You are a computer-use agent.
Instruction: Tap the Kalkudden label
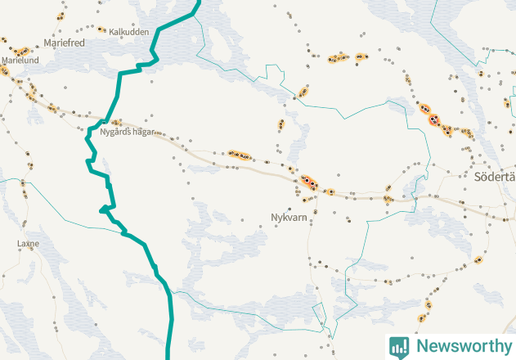coord(128,32)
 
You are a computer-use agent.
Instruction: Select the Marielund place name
coord(20,61)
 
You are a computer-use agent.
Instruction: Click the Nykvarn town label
coord(288,218)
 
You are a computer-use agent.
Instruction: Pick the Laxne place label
coord(28,244)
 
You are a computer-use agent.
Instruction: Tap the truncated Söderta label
coord(494,177)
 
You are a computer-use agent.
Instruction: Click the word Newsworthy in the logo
coord(464,346)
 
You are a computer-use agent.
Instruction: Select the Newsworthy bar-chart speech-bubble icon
coord(399,346)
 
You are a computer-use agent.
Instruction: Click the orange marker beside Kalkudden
coord(101,29)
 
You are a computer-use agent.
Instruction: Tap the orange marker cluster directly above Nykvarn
coord(308,182)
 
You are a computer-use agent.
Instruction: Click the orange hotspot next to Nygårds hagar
coord(116,123)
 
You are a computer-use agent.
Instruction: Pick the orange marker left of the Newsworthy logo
coord(421,318)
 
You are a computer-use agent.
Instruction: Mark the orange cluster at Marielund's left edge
coord(3,71)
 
